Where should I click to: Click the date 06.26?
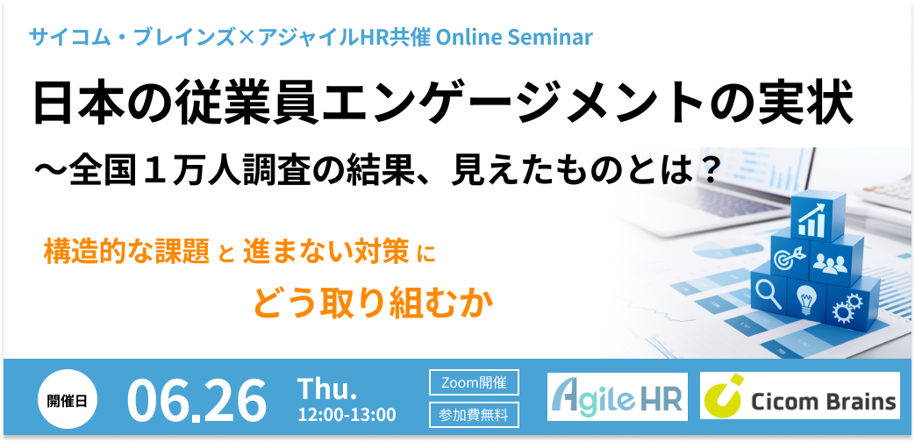tap(197, 401)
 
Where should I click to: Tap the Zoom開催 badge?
tap(474, 383)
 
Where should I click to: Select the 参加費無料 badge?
tap(474, 415)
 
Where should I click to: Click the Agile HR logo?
tap(618, 396)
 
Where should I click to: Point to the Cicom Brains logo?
tap(799, 396)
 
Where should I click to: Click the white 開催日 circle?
tap(67, 399)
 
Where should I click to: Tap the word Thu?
tap(327, 389)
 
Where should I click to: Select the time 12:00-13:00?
tap(347, 415)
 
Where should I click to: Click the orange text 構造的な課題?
tap(127, 252)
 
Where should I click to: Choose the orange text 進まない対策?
tap(326, 252)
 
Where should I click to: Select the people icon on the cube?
tap(829, 263)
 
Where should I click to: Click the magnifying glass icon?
tap(768, 294)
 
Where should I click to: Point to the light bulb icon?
tap(805, 300)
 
